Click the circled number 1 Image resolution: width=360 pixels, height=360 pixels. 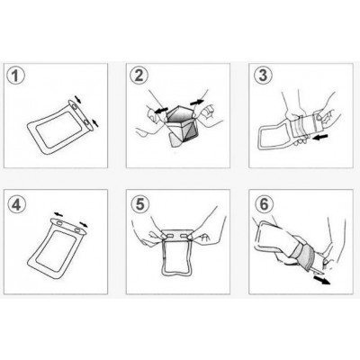click(15, 76)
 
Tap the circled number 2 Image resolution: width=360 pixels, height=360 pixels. click(139, 76)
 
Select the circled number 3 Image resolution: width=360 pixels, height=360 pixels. click(263, 76)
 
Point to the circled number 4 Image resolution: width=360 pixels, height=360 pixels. click(16, 205)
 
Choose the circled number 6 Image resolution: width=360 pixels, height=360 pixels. click(264, 204)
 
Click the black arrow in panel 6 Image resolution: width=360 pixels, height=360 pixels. click(321, 280)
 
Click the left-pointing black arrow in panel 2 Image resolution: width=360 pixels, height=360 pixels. click(161, 110)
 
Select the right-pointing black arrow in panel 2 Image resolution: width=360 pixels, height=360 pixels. click(197, 103)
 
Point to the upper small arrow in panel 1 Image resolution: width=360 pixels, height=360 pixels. click(77, 99)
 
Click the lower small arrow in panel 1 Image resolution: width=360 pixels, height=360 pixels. click(95, 122)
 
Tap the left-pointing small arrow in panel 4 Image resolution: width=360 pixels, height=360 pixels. click(58, 214)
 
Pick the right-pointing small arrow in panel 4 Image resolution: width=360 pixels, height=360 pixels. click(84, 224)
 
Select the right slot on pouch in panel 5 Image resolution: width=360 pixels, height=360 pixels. click(185, 237)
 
